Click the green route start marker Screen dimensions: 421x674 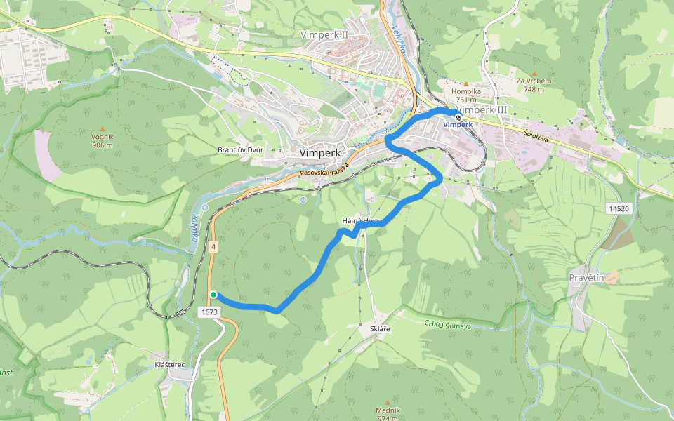pyautogui.click(x=213, y=295)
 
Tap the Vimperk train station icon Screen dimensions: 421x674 pyautogui.click(x=458, y=117)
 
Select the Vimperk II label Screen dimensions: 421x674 pyautogui.click(x=324, y=34)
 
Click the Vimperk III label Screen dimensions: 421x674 pyautogui.click(x=482, y=110)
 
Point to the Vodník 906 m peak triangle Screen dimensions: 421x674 pyautogui.click(x=103, y=129)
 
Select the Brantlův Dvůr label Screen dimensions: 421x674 pyautogui.click(x=240, y=151)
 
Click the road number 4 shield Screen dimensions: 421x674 pyautogui.click(x=212, y=246)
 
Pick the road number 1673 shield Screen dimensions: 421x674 pyautogui.click(x=209, y=312)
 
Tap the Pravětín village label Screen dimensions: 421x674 pyautogui.click(x=586, y=278)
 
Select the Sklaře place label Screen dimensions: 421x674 pyautogui.click(x=379, y=328)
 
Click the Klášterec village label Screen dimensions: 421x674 pyautogui.click(x=169, y=365)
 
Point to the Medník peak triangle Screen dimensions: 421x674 pyautogui.click(x=387, y=401)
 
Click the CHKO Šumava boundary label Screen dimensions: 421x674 pyautogui.click(x=447, y=325)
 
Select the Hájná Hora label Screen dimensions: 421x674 pyautogui.click(x=360, y=221)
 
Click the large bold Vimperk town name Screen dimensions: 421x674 pyautogui.click(x=319, y=152)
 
